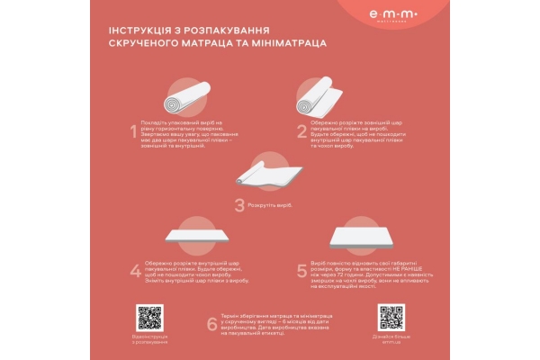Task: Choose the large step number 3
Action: point(239,205)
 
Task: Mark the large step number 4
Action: point(135,270)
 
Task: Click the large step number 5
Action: point(302,270)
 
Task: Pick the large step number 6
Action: point(211,324)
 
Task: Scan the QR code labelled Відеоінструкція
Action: point(149,318)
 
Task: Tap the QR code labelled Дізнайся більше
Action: point(390,318)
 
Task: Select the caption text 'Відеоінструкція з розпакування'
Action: point(149,339)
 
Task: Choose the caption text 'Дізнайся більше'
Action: point(390,337)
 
